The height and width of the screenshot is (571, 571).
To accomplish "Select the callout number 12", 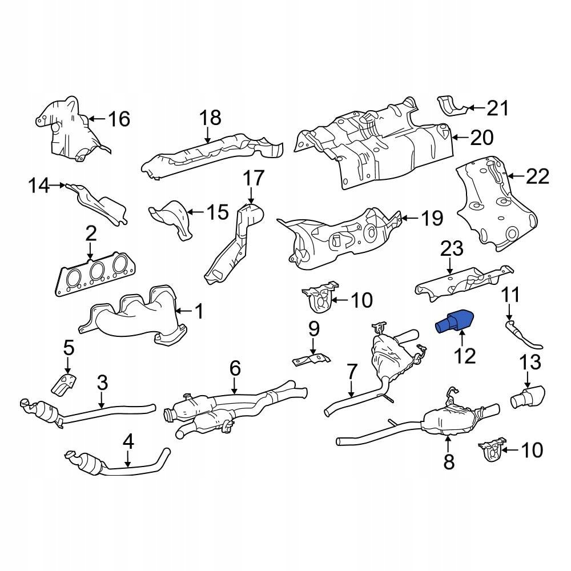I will pos(465,356).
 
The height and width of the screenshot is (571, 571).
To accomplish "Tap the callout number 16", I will pos(119,119).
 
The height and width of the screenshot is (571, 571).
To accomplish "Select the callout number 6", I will pos(235,369).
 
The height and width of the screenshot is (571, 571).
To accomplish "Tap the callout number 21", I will pos(497,107).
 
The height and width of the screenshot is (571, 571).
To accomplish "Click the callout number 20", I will pos(481,138).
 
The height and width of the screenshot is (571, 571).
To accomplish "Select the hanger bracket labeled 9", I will pos(311,359).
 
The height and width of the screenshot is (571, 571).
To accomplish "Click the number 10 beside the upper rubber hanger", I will pos(361,299).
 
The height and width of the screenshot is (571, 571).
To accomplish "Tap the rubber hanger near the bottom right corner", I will pos(492,449).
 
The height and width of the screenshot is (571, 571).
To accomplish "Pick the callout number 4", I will pos(128,442).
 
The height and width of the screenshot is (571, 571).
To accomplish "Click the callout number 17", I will pos(254,178).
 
